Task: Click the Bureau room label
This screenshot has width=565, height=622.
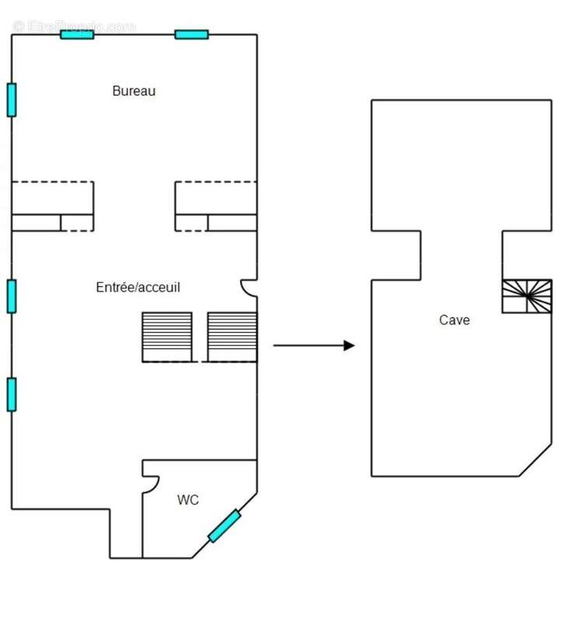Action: pyautogui.click(x=134, y=91)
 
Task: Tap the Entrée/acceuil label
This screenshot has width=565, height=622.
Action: pyautogui.click(x=138, y=287)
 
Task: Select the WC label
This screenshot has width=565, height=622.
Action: pyautogui.click(x=188, y=500)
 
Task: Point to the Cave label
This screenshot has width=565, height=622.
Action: pyautogui.click(x=454, y=320)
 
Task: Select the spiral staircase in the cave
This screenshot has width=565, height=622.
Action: pyautogui.click(x=526, y=295)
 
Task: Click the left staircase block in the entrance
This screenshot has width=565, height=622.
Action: pyautogui.click(x=166, y=336)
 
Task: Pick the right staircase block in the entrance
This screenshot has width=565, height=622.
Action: pyautogui.click(x=232, y=336)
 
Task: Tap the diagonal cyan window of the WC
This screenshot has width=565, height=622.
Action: pyautogui.click(x=224, y=526)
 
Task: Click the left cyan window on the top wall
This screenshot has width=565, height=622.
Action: pyautogui.click(x=77, y=34)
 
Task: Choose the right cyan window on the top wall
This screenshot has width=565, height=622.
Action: pyautogui.click(x=191, y=34)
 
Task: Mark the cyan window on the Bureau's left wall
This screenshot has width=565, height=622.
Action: pyautogui.click(x=12, y=100)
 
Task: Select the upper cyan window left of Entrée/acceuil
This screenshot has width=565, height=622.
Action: pyautogui.click(x=12, y=296)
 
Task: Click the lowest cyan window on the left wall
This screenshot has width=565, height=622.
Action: pyautogui.click(x=12, y=393)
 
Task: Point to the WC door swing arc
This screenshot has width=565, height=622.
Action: pyautogui.click(x=151, y=483)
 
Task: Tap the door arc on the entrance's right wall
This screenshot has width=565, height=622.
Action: pyautogui.click(x=248, y=288)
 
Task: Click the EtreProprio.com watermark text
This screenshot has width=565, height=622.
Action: pyautogui.click(x=74, y=26)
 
